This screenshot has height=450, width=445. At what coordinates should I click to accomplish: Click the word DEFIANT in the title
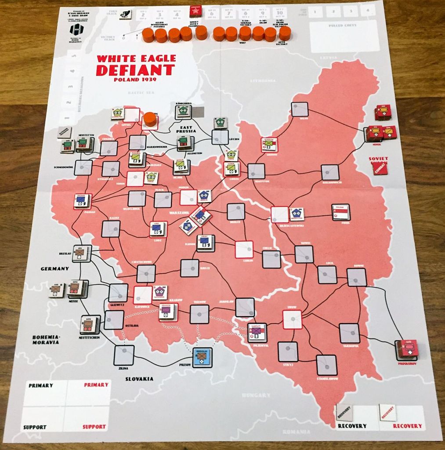coord(135,70)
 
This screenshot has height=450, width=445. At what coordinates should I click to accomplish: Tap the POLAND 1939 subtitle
coord(135,80)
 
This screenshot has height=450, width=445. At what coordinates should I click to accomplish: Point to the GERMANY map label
coord(54,269)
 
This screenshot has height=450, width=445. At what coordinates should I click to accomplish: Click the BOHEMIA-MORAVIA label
coord(46,340)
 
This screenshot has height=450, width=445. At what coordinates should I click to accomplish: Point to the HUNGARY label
coord(256,395)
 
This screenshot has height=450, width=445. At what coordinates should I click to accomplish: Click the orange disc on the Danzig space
coord(150,119)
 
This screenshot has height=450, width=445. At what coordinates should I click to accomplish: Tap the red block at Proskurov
coord(407,350)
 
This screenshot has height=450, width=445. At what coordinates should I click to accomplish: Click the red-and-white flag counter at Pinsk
coord(341,213)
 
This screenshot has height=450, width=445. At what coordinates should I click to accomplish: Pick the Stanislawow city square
coord(326,365)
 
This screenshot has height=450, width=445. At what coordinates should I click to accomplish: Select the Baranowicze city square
coord(330,173)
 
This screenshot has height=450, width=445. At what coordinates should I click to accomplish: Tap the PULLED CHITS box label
coord(343,25)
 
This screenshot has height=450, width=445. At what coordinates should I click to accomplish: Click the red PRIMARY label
coord(96,385)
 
